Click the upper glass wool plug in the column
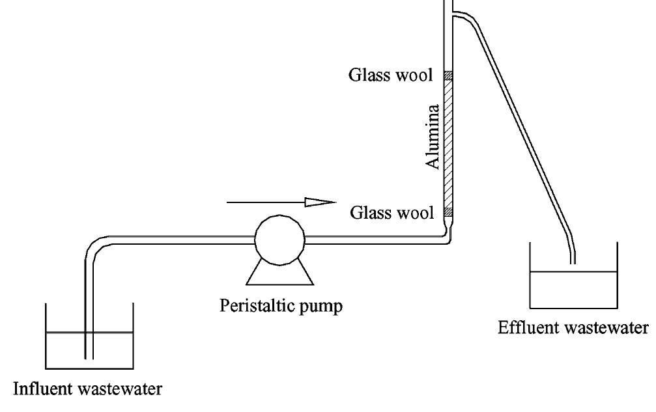[x=448, y=76]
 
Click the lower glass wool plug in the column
[x=448, y=212]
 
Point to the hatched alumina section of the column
[x=448, y=143]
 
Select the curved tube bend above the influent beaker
[x=94, y=247]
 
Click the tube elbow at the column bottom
[x=448, y=238]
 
